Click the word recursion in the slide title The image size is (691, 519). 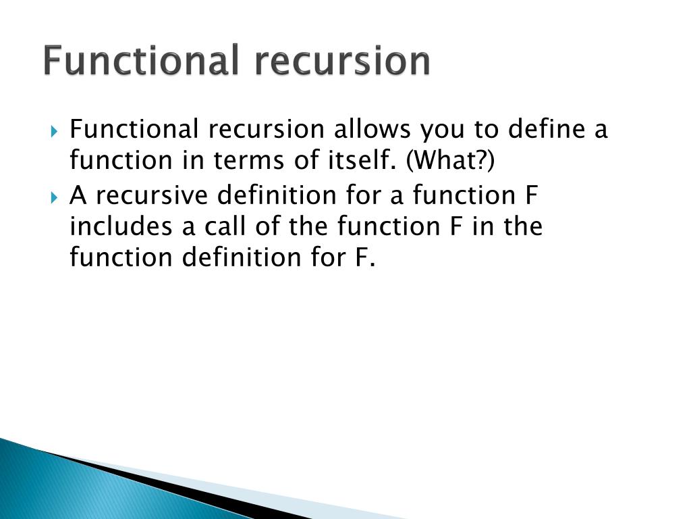coord(342,61)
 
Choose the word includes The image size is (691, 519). coord(121,226)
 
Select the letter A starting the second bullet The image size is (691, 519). coord(78,195)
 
